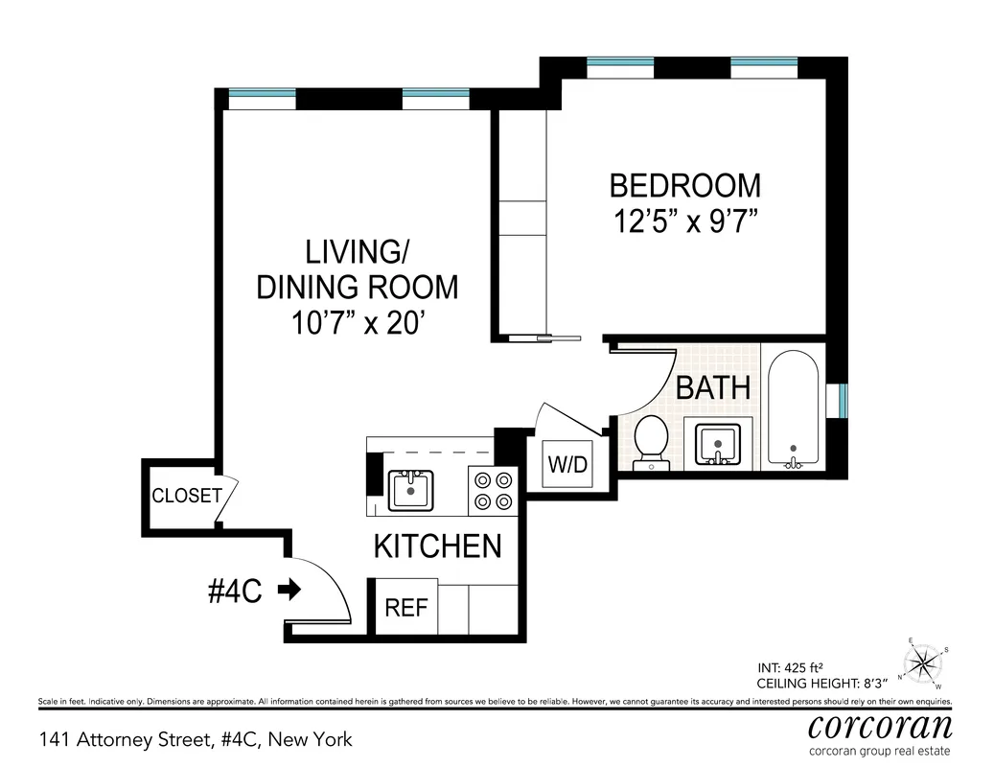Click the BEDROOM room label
pos(684,185)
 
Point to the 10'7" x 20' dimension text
pos(358,323)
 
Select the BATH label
pos(713,388)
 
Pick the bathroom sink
pos(717,444)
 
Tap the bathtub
pos(793,412)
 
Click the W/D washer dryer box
pos(566,464)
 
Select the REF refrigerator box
pos(405,608)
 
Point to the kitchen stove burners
pos(493,490)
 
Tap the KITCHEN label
pos(437,546)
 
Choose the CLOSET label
pos(187,497)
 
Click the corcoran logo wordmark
pos(880,726)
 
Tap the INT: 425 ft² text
pos(798,668)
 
